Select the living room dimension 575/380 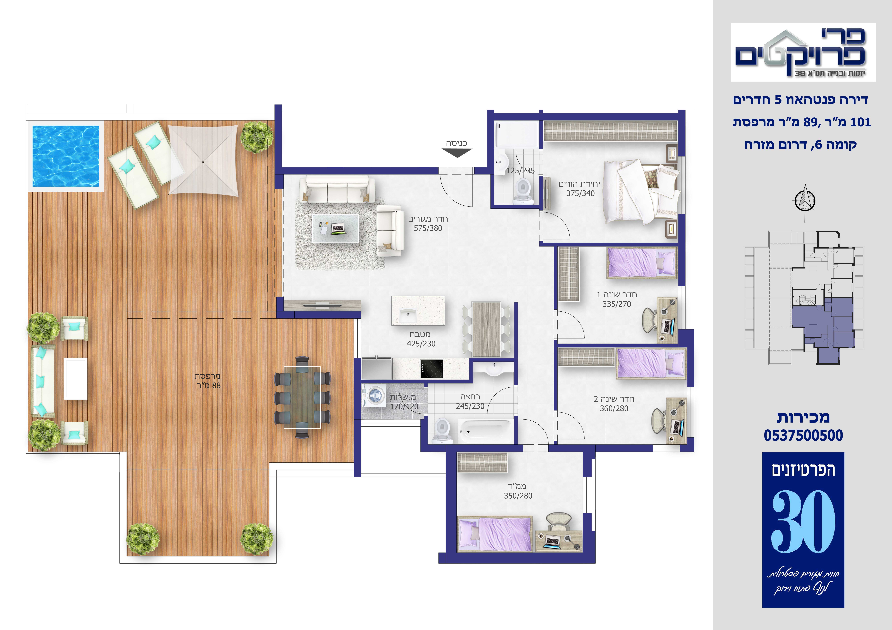(x=428, y=228)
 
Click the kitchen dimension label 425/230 (x=421, y=344)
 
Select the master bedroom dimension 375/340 (x=580, y=193)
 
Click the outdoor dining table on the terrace (x=302, y=397)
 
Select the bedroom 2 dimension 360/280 (x=614, y=408)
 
